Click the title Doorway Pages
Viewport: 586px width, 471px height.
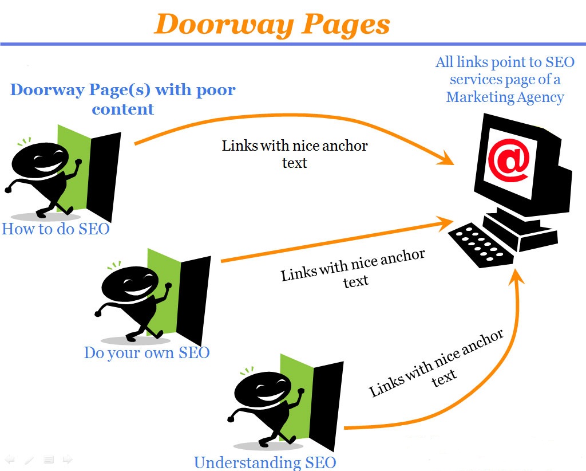(272, 24)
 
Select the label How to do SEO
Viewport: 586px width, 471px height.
(56, 229)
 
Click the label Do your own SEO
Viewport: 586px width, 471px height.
(146, 352)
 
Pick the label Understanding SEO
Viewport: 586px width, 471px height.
(264, 462)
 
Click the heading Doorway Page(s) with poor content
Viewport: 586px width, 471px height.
(123, 99)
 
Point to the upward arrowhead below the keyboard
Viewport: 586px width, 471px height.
(517, 281)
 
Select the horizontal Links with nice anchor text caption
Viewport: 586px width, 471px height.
(295, 154)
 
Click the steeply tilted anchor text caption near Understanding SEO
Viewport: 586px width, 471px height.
(437, 364)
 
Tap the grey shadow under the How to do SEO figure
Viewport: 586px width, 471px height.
(46, 217)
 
